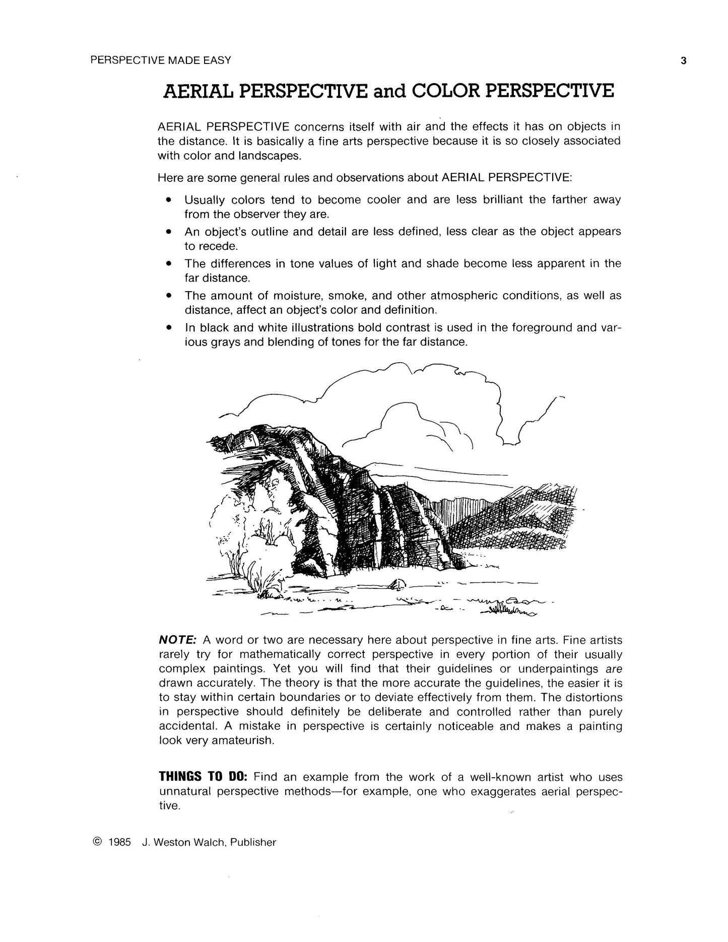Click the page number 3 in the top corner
click(x=684, y=61)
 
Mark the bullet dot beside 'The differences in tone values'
click(x=169, y=263)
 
